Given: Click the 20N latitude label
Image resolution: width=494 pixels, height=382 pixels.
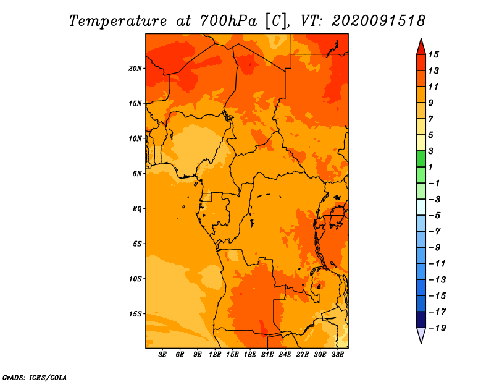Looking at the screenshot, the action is click(x=135, y=69).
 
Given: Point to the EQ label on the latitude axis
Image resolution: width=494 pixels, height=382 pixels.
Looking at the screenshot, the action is click(x=136, y=209).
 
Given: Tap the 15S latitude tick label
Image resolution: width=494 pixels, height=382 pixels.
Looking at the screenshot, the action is click(x=135, y=314).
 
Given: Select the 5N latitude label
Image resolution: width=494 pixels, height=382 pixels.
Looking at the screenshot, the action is click(x=136, y=174).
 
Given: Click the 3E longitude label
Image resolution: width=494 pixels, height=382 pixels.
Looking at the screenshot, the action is click(x=162, y=355).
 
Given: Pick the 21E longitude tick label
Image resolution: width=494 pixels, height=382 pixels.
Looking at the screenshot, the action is click(x=267, y=355).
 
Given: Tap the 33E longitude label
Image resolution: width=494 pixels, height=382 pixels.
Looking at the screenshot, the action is click(x=337, y=355).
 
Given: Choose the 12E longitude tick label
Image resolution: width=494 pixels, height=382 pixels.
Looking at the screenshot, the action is click(x=215, y=355).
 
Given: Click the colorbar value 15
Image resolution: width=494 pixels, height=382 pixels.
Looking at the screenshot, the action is click(x=433, y=54).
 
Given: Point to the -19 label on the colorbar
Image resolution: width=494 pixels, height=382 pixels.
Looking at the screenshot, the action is click(x=437, y=328).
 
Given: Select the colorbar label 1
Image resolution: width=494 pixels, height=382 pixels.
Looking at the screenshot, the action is click(x=430, y=167).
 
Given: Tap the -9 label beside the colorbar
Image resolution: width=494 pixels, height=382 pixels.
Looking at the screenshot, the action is click(x=435, y=248).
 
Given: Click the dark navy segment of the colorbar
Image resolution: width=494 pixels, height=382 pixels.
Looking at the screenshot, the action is click(x=421, y=320).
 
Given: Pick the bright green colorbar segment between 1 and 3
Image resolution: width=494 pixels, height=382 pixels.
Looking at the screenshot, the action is click(x=421, y=159).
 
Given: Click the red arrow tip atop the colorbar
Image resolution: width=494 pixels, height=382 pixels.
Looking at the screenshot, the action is click(x=421, y=38).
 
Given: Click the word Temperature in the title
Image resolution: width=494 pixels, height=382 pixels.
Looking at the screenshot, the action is click(x=118, y=21).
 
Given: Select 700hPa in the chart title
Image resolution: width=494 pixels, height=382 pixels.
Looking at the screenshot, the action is click(x=228, y=21).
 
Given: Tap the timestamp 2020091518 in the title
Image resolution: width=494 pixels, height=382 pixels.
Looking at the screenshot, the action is click(x=379, y=21).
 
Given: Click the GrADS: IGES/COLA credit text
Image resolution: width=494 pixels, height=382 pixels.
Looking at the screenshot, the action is click(x=35, y=378).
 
